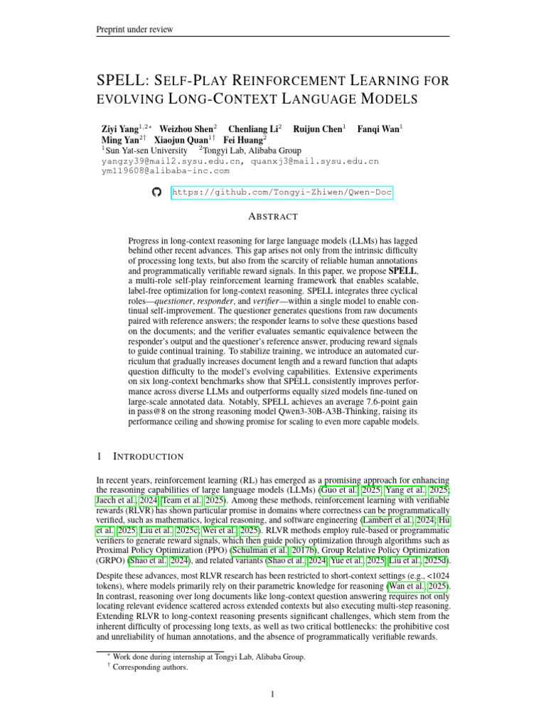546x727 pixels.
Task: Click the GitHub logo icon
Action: (158, 192)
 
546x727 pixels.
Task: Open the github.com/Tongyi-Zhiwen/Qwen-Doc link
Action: (282, 192)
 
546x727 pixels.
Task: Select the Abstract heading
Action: (273, 217)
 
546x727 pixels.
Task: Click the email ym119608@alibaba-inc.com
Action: (165, 170)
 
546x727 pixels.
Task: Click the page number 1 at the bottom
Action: (273, 694)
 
